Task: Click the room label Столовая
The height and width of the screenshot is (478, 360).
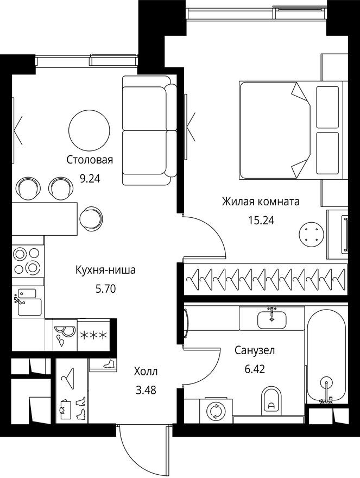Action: (x=90, y=160)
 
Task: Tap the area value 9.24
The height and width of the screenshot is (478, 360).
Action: (x=90, y=178)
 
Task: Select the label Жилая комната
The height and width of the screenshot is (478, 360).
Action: (x=261, y=202)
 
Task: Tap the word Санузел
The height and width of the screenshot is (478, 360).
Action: (x=255, y=350)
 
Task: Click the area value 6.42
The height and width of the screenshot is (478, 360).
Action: (x=255, y=369)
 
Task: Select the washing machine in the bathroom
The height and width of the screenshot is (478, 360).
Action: (x=216, y=411)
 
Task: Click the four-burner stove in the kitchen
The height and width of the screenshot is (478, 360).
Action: (x=27, y=260)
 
